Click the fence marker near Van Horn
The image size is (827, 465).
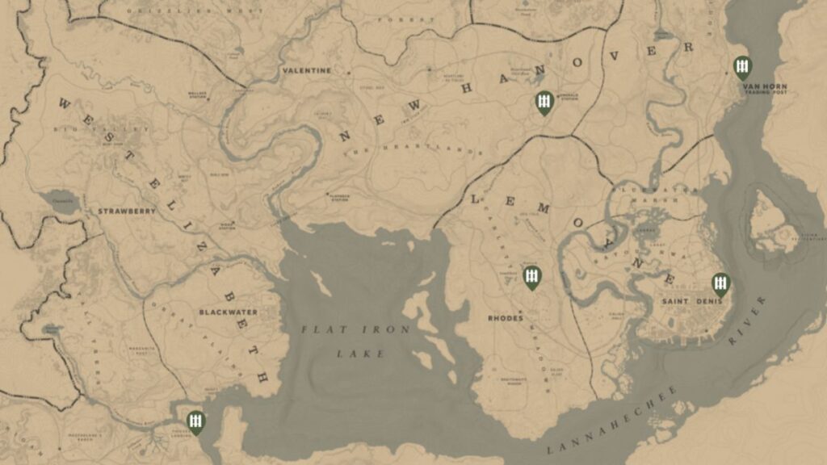point(741,67)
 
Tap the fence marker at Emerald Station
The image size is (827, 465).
point(544,102)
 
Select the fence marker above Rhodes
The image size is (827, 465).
point(531,277)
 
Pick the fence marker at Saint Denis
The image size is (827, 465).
point(720,283)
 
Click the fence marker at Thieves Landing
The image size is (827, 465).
point(195,421)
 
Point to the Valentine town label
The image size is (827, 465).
point(307,70)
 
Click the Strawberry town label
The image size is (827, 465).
point(127,212)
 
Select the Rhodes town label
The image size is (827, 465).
point(506,318)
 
